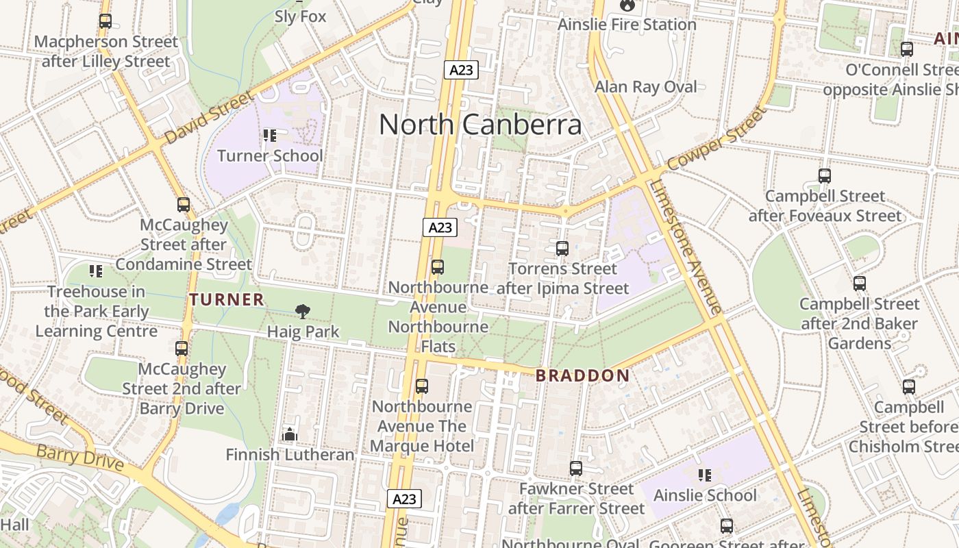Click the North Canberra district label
(480, 125)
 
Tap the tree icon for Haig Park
(302, 312)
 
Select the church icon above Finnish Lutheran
(290, 434)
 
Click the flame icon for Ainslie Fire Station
(627, 5)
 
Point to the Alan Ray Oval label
(645, 87)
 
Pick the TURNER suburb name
(227, 299)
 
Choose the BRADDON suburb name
(582, 375)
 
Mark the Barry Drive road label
(80, 458)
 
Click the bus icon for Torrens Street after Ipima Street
(562, 249)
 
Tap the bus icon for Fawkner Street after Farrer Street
(576, 469)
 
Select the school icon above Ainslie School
(704, 475)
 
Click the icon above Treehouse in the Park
(96, 271)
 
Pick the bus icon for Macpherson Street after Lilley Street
(105, 21)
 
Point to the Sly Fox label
(300, 16)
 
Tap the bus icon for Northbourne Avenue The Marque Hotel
(422, 386)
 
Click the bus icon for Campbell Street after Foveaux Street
(825, 176)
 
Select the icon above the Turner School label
(269, 136)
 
